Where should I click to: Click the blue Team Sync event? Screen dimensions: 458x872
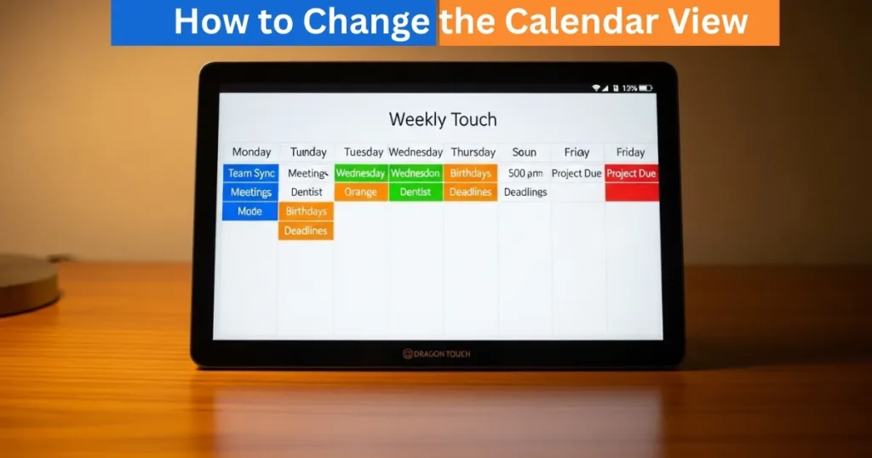[251, 173]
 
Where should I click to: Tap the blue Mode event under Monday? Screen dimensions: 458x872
[250, 211]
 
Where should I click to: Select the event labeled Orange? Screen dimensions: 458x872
[360, 192]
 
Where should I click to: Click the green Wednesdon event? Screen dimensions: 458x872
[415, 173]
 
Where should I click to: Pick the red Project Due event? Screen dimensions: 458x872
[631, 173]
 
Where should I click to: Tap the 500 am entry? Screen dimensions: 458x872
[525, 173]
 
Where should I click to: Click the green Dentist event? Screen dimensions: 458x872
[415, 192]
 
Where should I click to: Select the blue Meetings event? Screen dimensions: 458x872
[250, 192]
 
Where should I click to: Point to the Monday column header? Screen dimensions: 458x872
[251, 152]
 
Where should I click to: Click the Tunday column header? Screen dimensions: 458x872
[308, 152]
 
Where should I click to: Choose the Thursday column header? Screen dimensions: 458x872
[473, 152]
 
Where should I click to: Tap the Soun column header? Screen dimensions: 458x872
[525, 152]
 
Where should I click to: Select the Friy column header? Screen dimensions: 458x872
[577, 152]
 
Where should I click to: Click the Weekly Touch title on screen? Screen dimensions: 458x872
[443, 119]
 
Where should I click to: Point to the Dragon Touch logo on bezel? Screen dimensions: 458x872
[436, 353]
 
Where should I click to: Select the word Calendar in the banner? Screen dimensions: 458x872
[582, 22]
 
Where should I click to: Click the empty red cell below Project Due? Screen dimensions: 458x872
[632, 192]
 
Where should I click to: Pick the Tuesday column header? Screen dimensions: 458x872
[364, 152]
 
